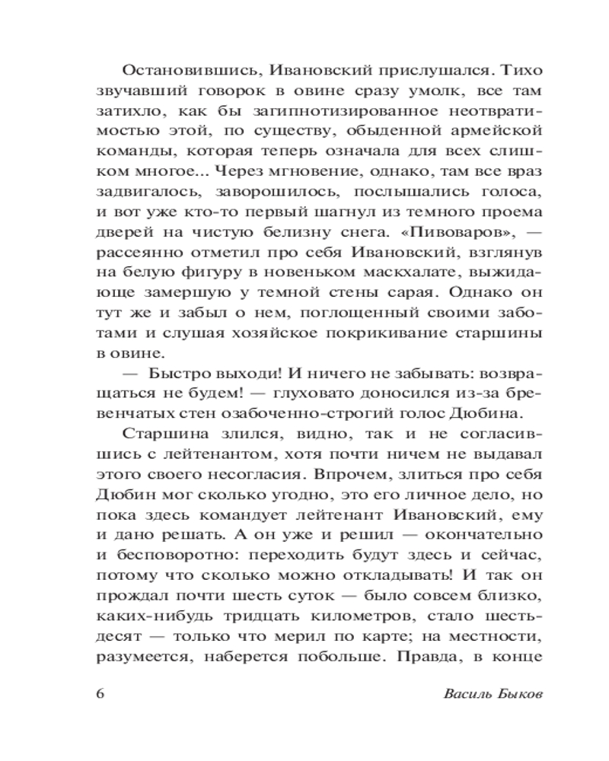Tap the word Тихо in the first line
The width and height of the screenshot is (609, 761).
[523, 71]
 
